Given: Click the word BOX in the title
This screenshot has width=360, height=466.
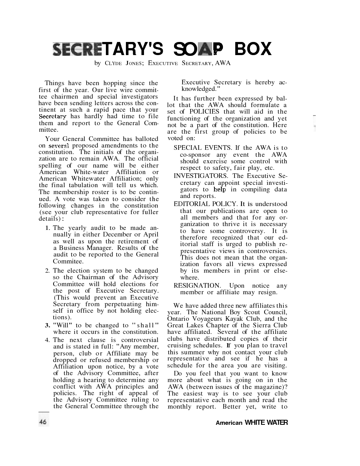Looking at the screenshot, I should click(x=253, y=49).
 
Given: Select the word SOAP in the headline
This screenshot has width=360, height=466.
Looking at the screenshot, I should click(x=198, y=49).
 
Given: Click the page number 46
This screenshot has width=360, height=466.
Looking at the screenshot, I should click(x=43, y=422).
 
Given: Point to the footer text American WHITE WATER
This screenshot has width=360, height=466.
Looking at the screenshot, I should click(x=251, y=422).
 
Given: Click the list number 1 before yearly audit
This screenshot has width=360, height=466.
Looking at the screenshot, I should click(x=48, y=228).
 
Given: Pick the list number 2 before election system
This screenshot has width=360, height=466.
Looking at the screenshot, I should click(x=48, y=271).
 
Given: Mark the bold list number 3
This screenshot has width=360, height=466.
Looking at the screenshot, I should click(x=48, y=325).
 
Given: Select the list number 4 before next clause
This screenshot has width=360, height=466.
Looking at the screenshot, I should click(x=48, y=340).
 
